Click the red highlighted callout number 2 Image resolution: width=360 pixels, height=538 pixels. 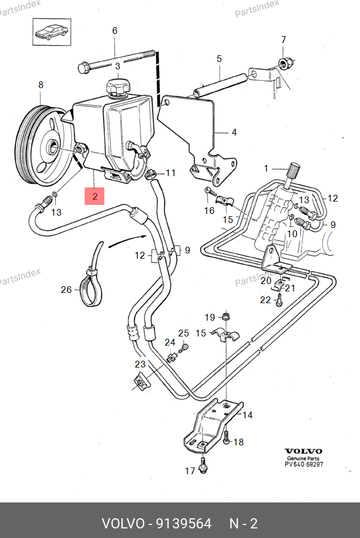(x=95, y=196)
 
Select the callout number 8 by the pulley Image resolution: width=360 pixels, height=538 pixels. (x=41, y=85)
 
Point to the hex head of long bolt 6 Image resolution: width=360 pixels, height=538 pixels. (x=84, y=68)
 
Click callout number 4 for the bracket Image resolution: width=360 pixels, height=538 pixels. (x=234, y=133)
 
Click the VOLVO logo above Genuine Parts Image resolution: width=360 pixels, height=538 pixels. (x=303, y=451)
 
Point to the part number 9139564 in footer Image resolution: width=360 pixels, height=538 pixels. (x=179, y=523)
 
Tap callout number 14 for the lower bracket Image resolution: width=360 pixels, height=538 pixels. (x=247, y=415)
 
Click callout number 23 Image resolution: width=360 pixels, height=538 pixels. (x=140, y=364)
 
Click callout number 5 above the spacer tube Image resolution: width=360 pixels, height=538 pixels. (x=219, y=59)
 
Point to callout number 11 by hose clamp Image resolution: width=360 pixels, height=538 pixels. (x=170, y=173)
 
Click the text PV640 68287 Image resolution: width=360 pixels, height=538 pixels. (x=304, y=465)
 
